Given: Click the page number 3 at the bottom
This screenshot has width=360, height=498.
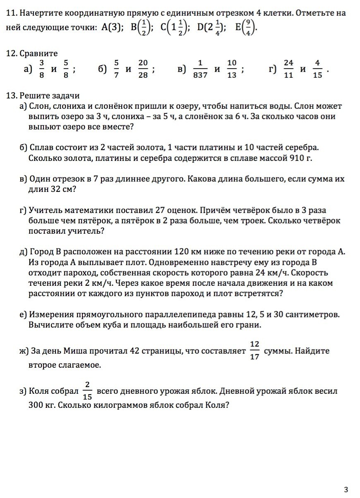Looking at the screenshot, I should [346, 490].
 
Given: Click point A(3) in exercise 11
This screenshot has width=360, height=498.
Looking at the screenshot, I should [112, 27].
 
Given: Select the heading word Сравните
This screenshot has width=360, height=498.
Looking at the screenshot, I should [38, 53].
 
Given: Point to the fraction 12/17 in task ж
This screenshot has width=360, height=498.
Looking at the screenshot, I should [254, 351].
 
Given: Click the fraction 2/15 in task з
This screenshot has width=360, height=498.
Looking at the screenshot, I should [87, 391].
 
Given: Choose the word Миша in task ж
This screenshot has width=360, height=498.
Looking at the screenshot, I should [74, 351].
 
